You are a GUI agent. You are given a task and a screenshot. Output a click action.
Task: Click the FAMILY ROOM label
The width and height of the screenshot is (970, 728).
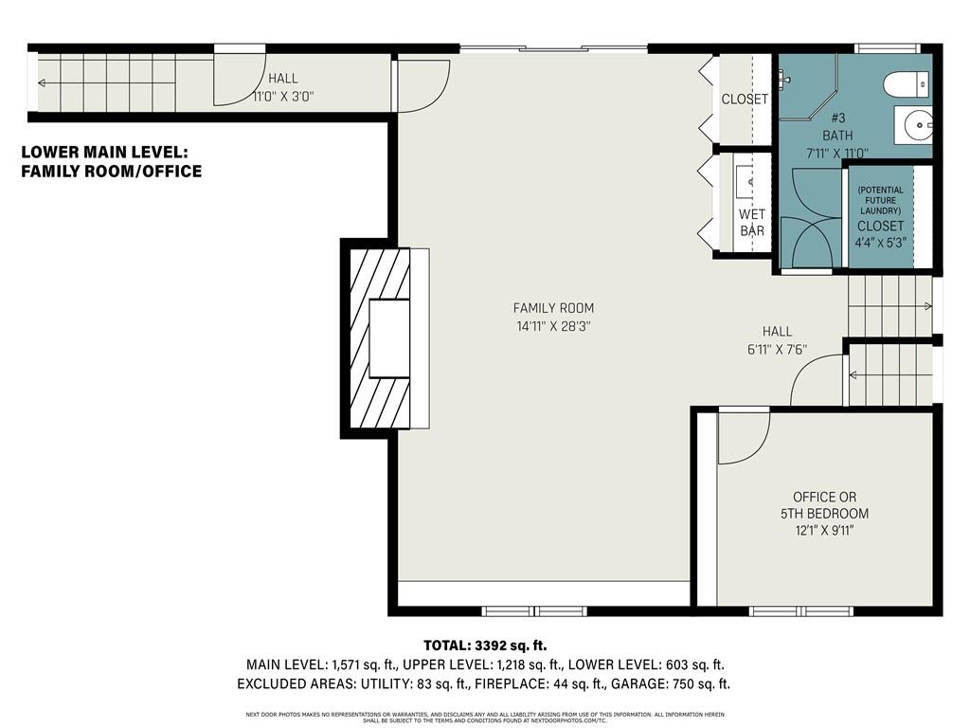pos(553,308)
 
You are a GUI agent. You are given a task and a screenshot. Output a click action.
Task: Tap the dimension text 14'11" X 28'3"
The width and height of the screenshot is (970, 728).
pos(553,326)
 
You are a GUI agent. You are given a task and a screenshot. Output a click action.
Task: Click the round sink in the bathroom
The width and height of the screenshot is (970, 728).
pos(917,124)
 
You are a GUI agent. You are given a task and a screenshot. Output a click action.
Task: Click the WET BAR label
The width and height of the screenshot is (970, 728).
pos(751,222)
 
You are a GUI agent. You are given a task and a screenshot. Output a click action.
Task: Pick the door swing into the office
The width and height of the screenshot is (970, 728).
pos(740,439)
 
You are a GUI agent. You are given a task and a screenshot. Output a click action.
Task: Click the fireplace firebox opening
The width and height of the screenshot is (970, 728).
pos(389,338)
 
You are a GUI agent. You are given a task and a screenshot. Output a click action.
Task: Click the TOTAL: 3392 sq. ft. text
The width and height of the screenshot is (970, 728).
pos(484,646)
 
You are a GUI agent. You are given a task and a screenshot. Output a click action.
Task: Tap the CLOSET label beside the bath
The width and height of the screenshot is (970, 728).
pos(745,99)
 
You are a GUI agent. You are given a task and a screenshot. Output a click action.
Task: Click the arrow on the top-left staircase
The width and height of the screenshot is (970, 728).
pos(44,83)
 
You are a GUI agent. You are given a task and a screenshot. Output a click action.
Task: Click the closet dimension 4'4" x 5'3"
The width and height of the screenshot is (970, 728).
pos(880,242)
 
